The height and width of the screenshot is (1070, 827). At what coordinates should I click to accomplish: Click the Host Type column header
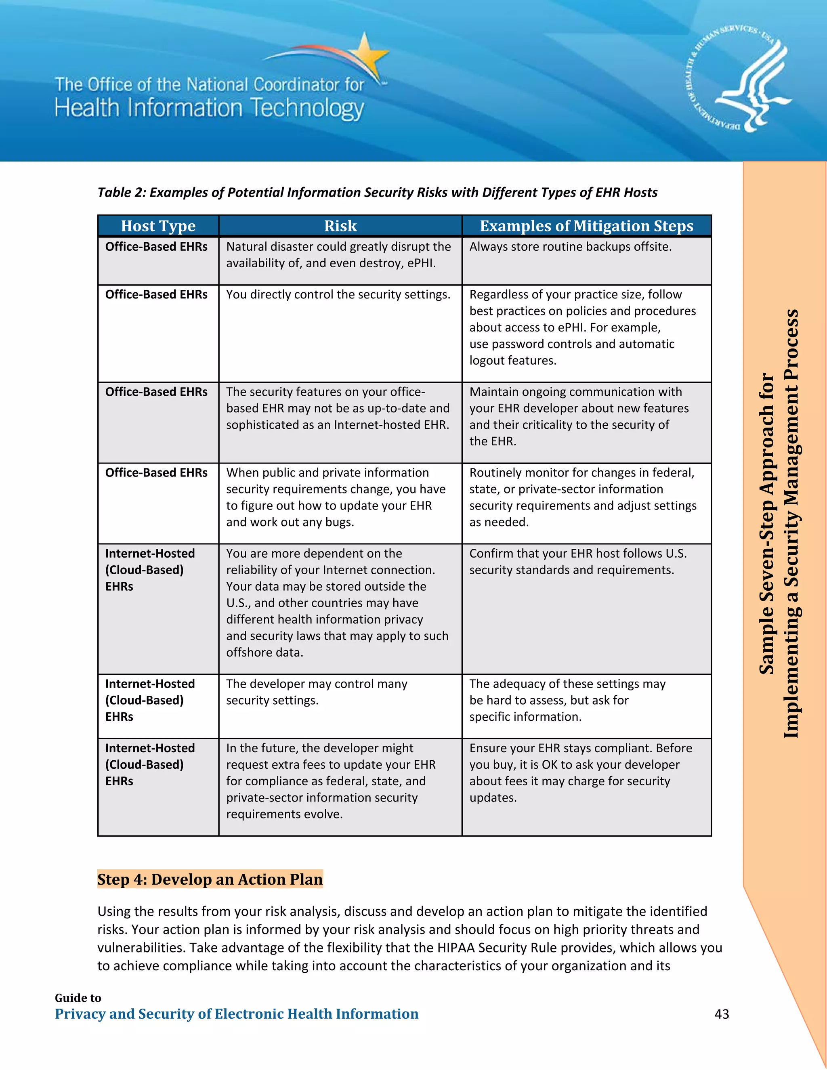(x=158, y=226)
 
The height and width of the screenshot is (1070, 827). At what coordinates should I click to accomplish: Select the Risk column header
(x=340, y=226)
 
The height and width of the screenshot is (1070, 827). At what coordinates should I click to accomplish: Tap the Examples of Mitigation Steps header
(x=586, y=226)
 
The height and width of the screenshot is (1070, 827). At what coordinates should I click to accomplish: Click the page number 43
(x=721, y=1013)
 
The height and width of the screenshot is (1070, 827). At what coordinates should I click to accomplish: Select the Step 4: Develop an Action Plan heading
(x=210, y=879)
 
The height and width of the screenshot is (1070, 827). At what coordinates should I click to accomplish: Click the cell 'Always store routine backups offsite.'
(x=570, y=246)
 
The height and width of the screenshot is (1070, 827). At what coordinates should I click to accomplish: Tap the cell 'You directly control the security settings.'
(x=338, y=294)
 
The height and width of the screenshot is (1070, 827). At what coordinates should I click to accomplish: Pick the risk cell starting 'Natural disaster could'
(x=338, y=255)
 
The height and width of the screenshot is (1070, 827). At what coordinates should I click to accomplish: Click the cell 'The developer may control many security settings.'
(x=317, y=692)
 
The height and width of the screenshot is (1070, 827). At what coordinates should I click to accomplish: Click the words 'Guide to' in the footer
(x=78, y=998)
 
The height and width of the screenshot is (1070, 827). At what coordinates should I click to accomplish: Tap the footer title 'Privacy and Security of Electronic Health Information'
(x=236, y=1013)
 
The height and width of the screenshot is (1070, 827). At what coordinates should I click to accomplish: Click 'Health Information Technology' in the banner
(x=209, y=108)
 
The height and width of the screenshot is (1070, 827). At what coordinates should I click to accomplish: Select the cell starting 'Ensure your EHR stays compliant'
(x=580, y=772)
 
